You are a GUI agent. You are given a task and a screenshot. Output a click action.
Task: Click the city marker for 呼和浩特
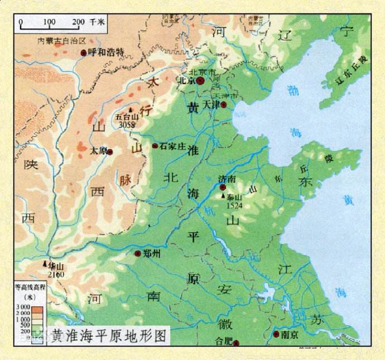click(84, 52)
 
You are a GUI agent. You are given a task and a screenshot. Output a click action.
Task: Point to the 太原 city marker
click(110, 152)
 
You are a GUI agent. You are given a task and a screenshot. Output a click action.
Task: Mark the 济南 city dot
click(223, 187)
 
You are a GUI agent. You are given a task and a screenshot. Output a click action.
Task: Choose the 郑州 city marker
click(138, 254)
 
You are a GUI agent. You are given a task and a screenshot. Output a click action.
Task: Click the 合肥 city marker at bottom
click(236, 343)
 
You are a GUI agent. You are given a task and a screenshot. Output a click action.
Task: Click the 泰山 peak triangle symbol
click(223, 197)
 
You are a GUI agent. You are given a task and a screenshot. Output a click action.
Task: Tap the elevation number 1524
click(235, 205)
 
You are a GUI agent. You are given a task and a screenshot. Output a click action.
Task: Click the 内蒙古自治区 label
click(61, 41)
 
